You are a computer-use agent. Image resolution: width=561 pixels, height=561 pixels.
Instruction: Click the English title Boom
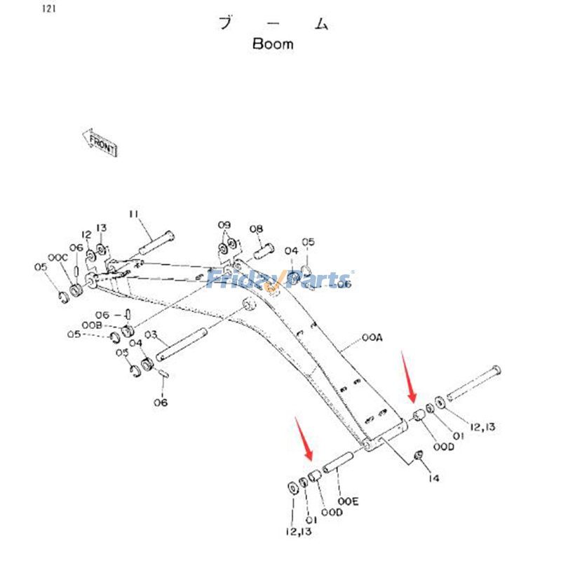273,43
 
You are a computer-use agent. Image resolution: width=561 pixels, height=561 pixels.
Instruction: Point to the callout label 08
256,229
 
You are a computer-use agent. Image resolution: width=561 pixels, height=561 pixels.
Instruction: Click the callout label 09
224,225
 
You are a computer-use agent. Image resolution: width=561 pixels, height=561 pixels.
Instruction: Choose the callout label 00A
373,338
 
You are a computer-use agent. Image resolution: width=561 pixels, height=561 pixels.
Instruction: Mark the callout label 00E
349,502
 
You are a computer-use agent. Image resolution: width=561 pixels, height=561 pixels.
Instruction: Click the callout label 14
434,478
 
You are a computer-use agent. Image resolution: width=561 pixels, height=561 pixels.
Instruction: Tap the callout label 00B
91,326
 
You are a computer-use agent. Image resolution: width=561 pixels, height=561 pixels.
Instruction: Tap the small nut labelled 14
419,457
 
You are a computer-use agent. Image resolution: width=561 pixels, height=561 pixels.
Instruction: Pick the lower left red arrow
304,439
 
